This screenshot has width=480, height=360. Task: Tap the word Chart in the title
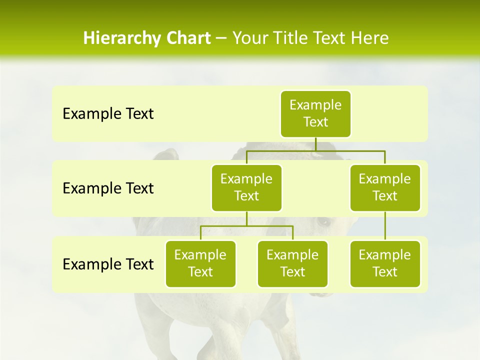click(187, 38)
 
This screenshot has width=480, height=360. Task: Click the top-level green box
click(315, 113)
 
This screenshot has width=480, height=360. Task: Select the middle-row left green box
click(246, 187)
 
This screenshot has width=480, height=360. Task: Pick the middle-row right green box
click(385, 187)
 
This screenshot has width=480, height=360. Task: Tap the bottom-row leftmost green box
click(200, 263)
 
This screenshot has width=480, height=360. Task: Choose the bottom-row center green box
click(292, 263)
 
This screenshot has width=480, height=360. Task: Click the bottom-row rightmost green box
click(385, 263)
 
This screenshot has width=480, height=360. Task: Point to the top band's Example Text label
click(108, 114)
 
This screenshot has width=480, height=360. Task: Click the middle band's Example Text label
click(108, 188)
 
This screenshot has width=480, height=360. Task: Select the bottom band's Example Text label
click(108, 264)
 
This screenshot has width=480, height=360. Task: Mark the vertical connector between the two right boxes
click(385, 226)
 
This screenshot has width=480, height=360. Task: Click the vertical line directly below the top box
click(315, 143)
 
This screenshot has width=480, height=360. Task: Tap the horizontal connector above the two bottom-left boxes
click(246, 226)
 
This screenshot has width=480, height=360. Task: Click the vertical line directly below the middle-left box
click(246, 218)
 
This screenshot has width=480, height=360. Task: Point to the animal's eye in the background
click(324, 221)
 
